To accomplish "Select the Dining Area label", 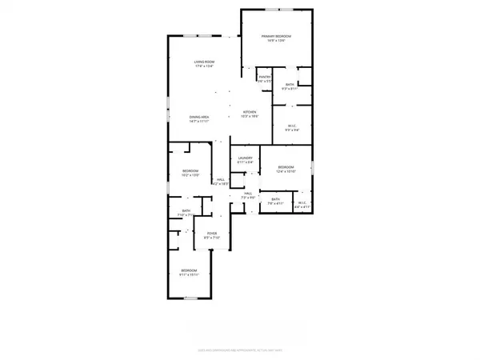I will point(200,118).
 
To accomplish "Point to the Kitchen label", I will point(250,112).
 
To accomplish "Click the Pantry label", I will point(266,78).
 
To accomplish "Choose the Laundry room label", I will point(246,159).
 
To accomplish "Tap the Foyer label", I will point(212,234).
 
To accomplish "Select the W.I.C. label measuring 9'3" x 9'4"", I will point(290,126).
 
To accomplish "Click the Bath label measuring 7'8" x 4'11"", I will point(275,200).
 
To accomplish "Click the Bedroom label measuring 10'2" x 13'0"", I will point(190,172).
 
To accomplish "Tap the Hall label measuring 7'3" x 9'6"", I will point(249,194).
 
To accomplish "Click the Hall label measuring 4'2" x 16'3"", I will point(220,181).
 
